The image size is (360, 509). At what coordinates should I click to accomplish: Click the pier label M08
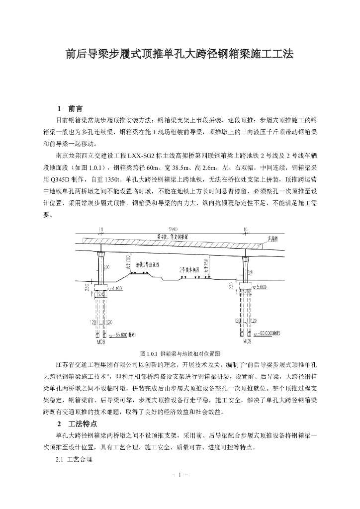click(x=101, y=342)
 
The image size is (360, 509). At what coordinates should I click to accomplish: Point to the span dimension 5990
click(x=173, y=230)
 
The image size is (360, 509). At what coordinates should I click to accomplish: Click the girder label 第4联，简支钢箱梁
click(x=172, y=236)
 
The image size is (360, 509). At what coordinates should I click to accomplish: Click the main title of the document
click(x=180, y=54)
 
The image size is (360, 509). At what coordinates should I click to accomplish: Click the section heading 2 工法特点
click(x=77, y=424)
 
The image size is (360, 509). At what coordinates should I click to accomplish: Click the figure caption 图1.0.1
click(x=180, y=353)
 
